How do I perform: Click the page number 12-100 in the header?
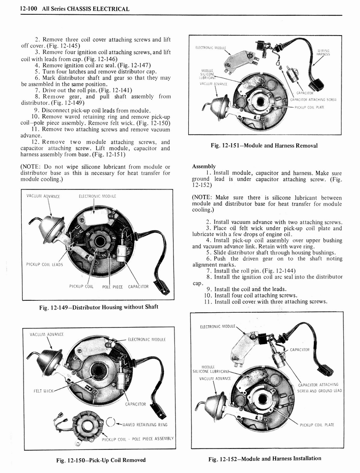(29, 9)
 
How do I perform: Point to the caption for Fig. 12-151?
(264, 146)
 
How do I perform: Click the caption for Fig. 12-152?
(264, 458)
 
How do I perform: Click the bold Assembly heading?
(204, 166)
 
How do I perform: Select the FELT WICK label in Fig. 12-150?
(42, 391)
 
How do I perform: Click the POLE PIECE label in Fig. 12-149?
(112, 287)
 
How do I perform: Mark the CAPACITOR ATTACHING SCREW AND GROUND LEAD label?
(319, 388)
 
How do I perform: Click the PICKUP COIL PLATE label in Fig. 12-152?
(317, 424)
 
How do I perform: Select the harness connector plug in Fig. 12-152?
(326, 370)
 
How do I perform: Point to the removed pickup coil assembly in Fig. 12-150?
(86, 424)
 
